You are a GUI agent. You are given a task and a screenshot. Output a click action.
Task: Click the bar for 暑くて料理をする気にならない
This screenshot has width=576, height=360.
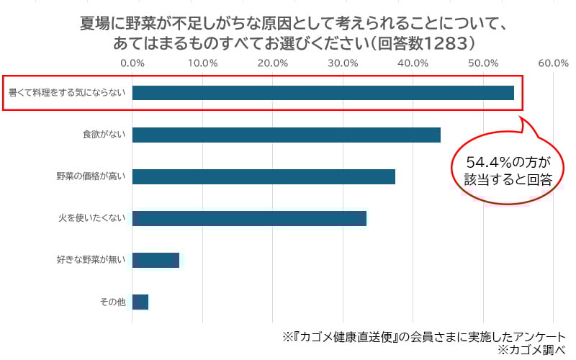coord(323,93)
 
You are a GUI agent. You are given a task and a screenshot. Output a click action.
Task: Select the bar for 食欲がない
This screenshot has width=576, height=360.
coord(286,135)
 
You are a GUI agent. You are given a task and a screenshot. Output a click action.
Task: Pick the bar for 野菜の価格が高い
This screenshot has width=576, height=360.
coord(264,176)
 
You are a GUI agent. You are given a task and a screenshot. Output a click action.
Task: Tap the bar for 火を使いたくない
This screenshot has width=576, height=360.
coord(249,218)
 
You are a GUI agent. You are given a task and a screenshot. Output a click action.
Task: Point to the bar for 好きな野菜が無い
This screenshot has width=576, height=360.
coord(156,260)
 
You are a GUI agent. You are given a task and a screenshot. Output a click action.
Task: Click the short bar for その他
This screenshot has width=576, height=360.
coord(140,302)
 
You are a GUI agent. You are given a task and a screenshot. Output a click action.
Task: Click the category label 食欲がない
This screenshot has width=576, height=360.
coord(104,135)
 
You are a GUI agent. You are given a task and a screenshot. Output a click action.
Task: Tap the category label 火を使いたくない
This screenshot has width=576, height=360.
coord(91,218)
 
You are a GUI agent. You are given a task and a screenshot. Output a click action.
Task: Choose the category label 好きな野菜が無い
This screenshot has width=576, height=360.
coord(91,260)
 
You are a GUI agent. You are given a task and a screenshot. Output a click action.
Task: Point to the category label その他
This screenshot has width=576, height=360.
coord(113,302)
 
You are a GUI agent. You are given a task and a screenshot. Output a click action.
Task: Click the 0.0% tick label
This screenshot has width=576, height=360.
coord(133,63)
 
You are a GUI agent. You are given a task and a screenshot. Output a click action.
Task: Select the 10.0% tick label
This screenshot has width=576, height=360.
coord(203,63)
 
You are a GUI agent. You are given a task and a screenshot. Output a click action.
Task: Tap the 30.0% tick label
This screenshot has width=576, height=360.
coord(343,63)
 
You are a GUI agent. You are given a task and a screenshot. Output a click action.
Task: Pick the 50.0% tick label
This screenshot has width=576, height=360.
coord(483,63)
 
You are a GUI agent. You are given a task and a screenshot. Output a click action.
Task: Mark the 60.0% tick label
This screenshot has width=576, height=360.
coord(553,63)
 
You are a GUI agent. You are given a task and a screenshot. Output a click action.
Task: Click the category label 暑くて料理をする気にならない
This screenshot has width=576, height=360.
coord(66,93)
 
